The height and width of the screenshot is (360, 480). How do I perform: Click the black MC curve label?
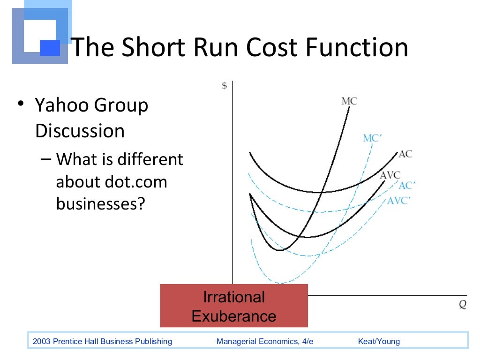(x=349, y=101)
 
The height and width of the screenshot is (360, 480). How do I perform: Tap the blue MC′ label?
(x=373, y=138)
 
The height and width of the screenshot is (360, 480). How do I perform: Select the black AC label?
(x=405, y=154)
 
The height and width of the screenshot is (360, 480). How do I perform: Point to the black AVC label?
(x=390, y=175)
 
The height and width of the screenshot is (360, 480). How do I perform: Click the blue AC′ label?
(x=407, y=186)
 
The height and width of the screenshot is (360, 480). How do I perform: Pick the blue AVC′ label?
(x=399, y=201)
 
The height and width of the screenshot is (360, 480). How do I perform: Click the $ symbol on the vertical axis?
(x=225, y=86)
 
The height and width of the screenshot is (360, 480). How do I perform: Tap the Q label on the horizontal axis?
(x=462, y=304)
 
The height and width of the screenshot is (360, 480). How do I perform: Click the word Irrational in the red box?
(x=234, y=297)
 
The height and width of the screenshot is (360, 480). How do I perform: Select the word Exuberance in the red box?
(x=234, y=316)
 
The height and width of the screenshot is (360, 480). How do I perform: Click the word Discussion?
(x=80, y=131)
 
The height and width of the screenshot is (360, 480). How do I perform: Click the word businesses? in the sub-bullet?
(x=99, y=203)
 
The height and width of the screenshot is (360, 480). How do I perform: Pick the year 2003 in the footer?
(x=41, y=341)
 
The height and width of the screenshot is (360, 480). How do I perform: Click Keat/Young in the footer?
(x=379, y=341)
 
